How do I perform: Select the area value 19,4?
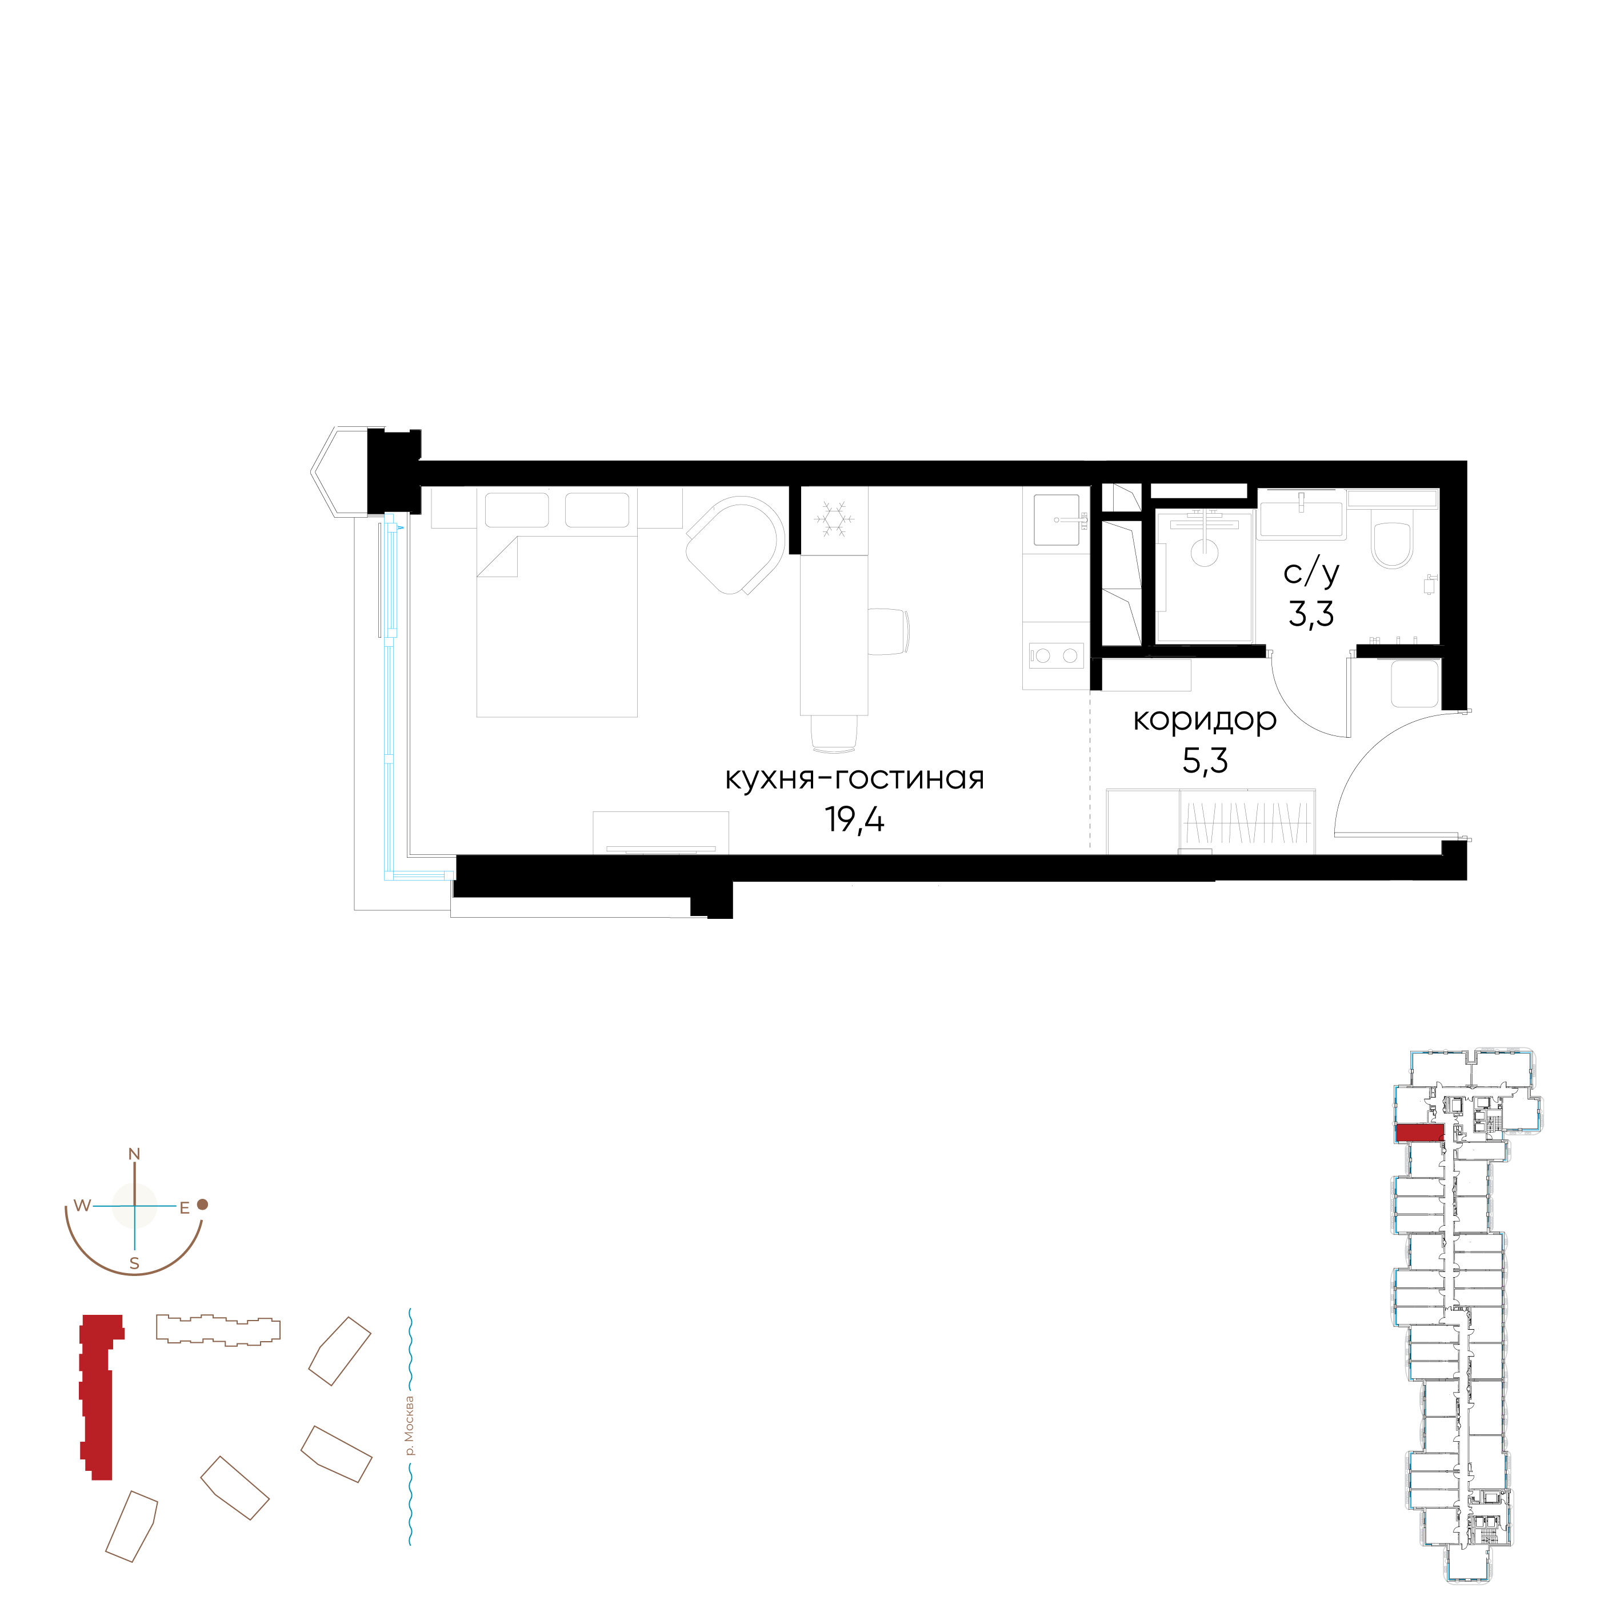coord(854,819)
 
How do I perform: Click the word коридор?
coord(1205,720)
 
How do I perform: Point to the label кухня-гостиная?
coord(854,778)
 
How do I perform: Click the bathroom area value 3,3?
coord(1311,615)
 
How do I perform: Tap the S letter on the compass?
coord(134,1263)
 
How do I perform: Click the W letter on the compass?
coord(82,1206)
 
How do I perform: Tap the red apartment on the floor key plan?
coord(1419,1133)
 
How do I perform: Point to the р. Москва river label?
coord(409,1426)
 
